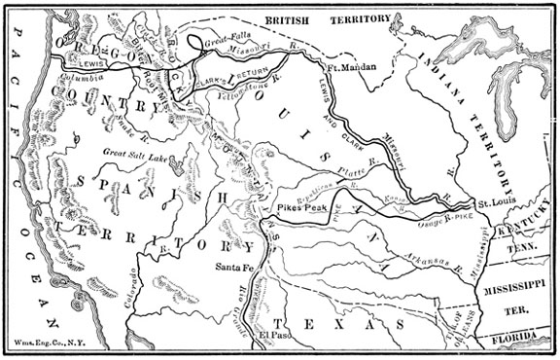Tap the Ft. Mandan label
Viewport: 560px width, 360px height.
(x=351, y=66)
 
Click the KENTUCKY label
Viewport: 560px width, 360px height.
(x=523, y=233)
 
